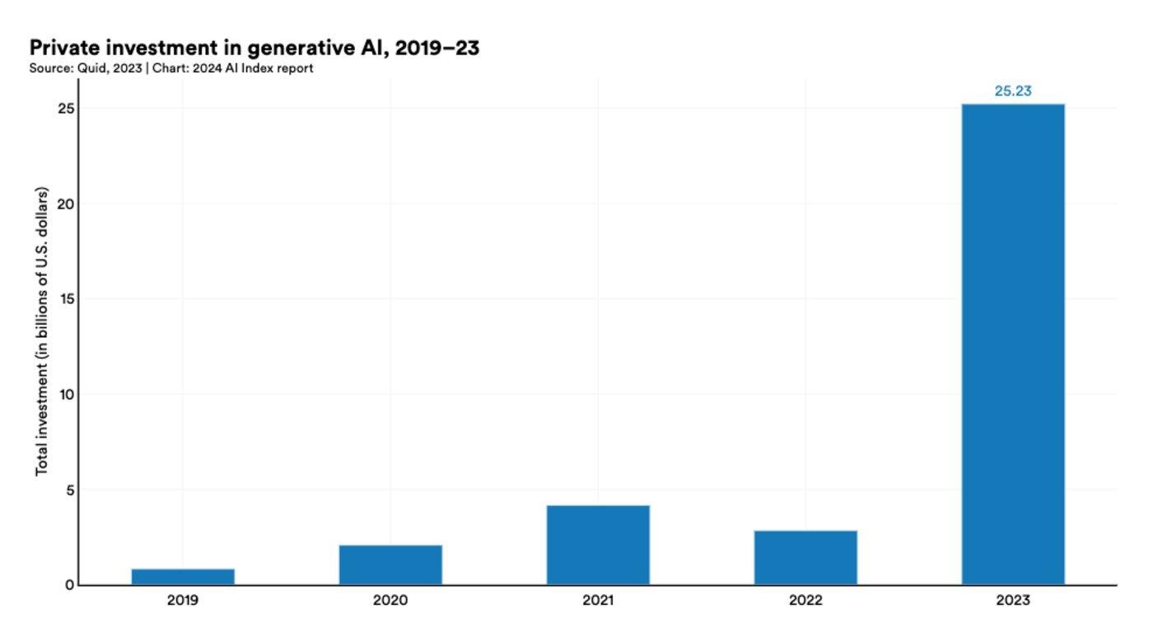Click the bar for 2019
(x=183, y=576)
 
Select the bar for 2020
(x=390, y=565)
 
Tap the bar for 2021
(x=598, y=545)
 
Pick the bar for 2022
(x=805, y=557)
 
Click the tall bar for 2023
(x=1013, y=344)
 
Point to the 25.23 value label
(x=1013, y=91)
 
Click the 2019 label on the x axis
(x=183, y=601)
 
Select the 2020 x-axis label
(x=390, y=601)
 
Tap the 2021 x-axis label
(x=598, y=601)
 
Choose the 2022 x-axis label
(x=805, y=601)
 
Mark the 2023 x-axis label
(x=1013, y=601)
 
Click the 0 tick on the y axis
(x=70, y=585)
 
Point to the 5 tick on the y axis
(x=70, y=490)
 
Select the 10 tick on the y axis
(x=67, y=394)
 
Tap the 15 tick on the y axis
(x=67, y=299)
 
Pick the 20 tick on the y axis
(x=67, y=204)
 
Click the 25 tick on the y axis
(x=67, y=109)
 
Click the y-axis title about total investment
(x=42, y=331)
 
